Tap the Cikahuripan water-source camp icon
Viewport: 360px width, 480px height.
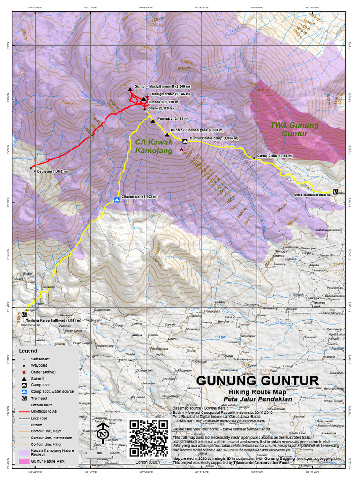pos(117,200)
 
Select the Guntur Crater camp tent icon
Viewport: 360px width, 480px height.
pos(185,141)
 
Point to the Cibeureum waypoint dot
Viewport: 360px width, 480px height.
pos(30,168)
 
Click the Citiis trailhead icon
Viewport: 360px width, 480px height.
pos(335,191)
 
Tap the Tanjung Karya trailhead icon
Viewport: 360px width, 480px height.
pos(24,315)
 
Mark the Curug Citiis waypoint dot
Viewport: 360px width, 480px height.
pos(254,158)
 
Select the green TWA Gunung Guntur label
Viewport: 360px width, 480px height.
pos(294,129)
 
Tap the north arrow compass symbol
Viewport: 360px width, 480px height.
pos(103,435)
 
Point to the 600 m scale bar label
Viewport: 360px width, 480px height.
pos(114,453)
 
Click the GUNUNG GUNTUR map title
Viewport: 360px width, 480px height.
pos(257,380)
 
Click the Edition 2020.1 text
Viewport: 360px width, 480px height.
pos(148,462)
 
